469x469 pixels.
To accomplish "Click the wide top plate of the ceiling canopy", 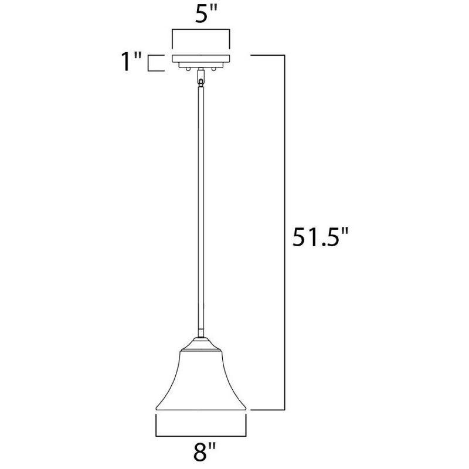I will (x=201, y=57).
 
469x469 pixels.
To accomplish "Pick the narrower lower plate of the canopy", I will (x=201, y=64).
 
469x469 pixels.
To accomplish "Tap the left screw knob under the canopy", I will (x=187, y=69).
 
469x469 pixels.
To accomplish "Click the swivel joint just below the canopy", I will (x=201, y=76).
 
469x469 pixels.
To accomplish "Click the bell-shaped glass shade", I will (x=201, y=381).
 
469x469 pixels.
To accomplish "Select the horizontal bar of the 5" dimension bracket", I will (x=201, y=29).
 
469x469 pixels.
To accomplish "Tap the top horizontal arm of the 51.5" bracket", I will (x=268, y=55).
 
